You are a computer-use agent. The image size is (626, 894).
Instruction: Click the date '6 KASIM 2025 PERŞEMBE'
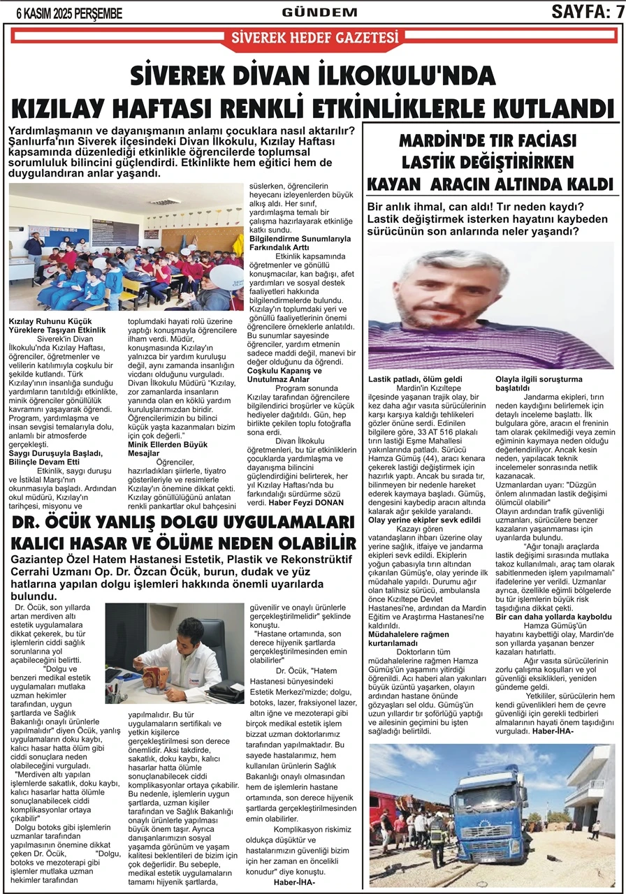64,13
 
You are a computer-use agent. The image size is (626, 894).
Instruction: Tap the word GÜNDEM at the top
319,13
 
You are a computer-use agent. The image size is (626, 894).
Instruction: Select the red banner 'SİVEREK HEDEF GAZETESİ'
314,38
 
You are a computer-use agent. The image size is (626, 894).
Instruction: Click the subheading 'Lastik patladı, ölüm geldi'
415,379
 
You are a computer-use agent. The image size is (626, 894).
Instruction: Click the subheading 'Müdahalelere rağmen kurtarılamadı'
405,638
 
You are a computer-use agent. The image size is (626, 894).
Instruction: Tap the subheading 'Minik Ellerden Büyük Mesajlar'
167,448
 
